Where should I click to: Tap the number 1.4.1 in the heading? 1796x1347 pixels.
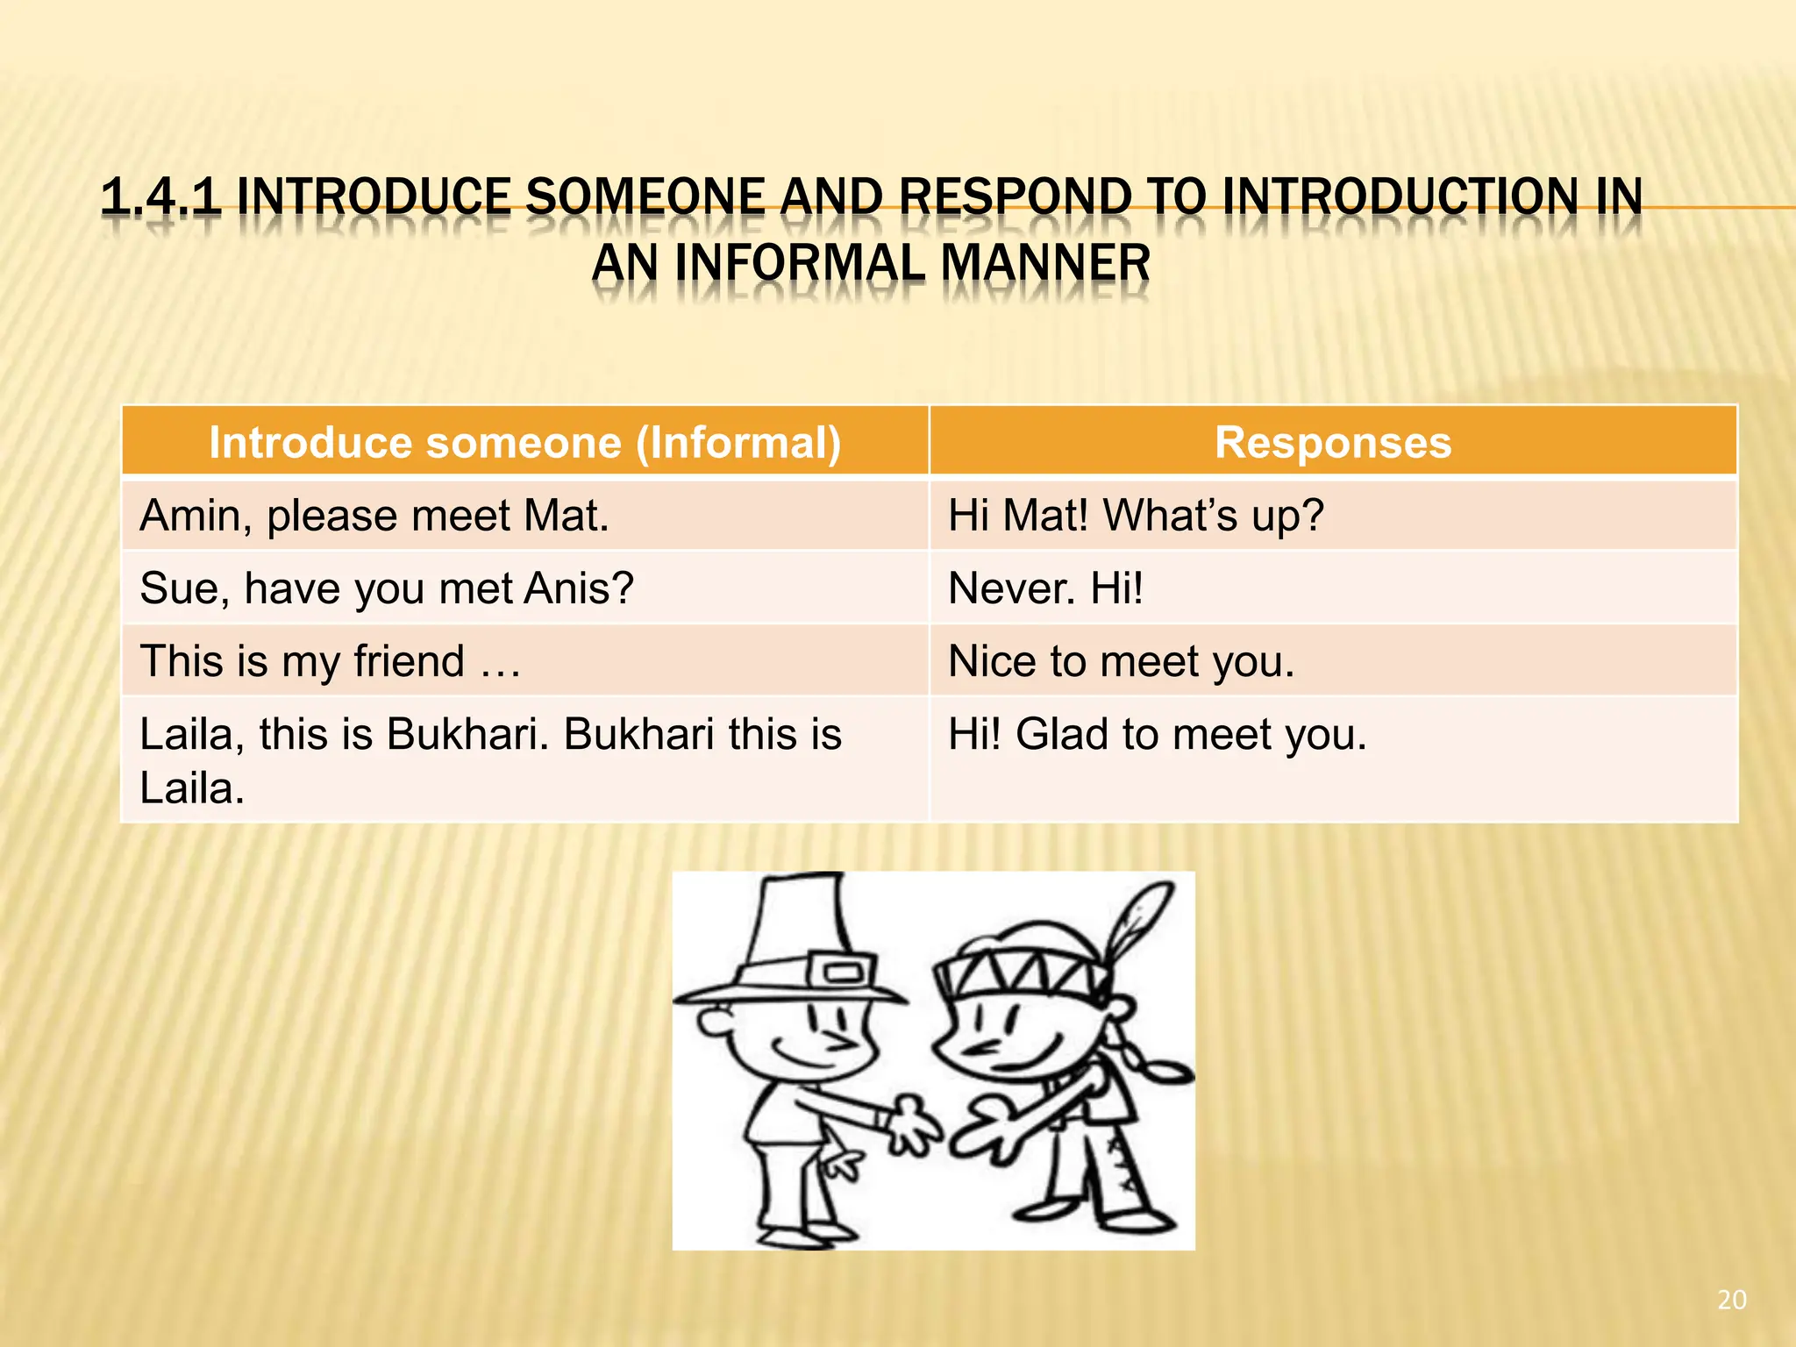point(160,196)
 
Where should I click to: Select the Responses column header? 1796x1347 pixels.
point(1332,442)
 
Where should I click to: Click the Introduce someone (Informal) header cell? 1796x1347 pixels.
point(524,442)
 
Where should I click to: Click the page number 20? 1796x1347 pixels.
point(1731,1300)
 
